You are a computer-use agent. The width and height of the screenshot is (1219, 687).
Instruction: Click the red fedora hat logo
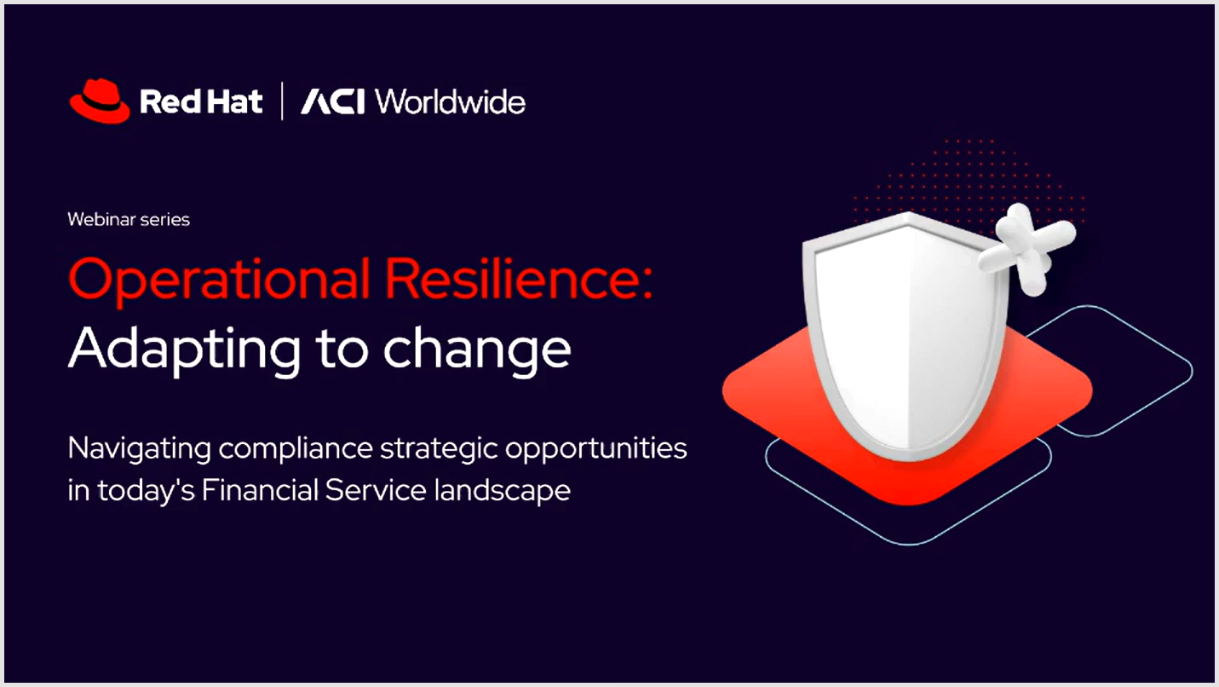coord(100,101)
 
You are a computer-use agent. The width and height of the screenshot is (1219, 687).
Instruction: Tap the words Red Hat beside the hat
coord(201,101)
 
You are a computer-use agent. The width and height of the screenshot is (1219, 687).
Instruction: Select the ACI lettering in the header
coord(332,101)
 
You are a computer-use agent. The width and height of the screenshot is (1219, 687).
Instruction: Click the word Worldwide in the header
coord(450,101)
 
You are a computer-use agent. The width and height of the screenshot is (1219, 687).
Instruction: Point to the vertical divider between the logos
coord(281,101)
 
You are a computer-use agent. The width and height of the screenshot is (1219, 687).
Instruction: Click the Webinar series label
coord(129,219)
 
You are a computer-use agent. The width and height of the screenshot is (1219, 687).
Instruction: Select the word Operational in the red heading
coord(219,280)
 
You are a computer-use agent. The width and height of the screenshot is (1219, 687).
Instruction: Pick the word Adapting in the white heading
coord(184,349)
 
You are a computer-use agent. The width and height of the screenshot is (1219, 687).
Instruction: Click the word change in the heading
coord(477,349)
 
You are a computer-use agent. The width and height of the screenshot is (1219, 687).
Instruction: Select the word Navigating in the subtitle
coord(140,449)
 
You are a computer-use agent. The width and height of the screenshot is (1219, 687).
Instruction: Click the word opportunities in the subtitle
coord(596,449)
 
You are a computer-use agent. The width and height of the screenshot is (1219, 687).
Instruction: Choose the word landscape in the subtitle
coord(503,490)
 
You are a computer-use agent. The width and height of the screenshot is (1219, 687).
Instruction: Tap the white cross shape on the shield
coord(1026,248)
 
